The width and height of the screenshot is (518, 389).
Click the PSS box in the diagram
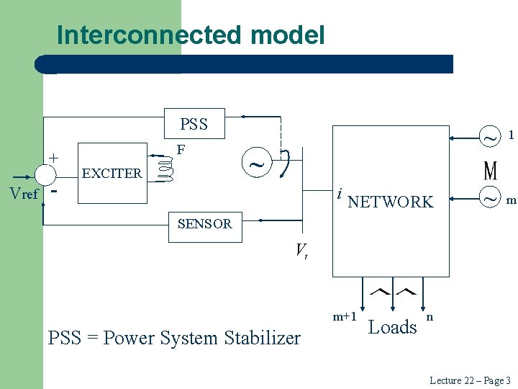pos(194,124)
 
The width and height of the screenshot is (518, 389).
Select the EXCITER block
pos(112,173)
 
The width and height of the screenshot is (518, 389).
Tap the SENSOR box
pos(205,224)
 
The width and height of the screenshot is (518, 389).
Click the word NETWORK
pos(391,202)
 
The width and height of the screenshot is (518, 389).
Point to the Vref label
pos(23,193)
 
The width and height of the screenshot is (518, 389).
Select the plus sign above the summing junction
pos(53,157)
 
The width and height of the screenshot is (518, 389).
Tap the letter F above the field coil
pos(181,150)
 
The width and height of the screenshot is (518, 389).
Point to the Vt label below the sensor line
pos(301,251)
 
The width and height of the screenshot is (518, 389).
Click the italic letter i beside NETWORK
pos(339,195)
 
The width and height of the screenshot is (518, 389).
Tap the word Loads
pos(393,328)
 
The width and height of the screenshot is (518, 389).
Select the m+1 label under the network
pos(345,316)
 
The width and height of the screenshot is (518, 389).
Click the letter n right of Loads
pos(430,316)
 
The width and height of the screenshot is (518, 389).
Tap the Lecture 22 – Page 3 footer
pos(469,380)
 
